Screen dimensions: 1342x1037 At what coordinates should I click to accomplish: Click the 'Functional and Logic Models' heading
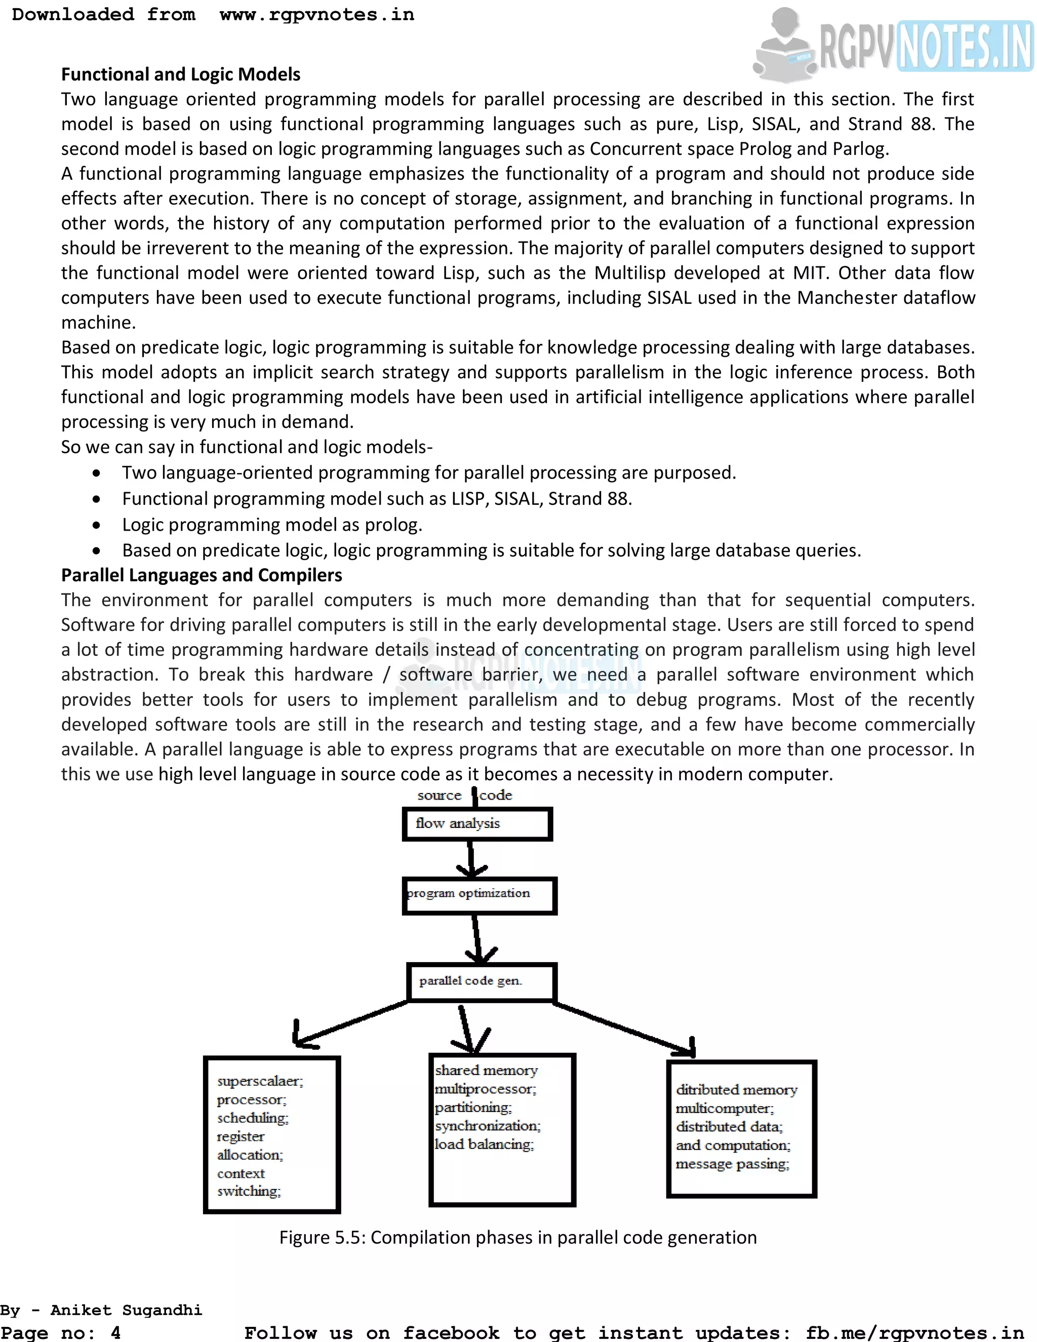[181, 74]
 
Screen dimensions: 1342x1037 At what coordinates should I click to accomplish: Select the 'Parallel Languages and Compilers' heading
[202, 575]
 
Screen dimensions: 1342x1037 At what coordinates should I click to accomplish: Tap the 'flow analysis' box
[477, 824]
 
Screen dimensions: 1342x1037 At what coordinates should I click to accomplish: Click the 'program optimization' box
[479, 895]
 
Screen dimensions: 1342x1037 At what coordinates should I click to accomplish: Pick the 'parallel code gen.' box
[482, 981]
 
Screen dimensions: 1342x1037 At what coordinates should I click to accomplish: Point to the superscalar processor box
[271, 1134]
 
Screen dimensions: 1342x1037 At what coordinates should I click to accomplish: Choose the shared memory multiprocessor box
[502, 1129]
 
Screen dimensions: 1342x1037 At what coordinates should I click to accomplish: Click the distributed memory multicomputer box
[741, 1128]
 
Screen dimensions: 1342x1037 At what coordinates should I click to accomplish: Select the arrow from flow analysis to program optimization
[471, 858]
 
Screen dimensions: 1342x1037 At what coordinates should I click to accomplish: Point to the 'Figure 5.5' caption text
[517, 1237]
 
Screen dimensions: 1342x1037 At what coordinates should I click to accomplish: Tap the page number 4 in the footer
[115, 1333]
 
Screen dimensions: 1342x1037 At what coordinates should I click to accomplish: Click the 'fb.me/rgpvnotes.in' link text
[914, 1333]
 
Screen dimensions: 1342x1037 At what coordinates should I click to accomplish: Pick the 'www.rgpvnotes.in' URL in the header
[316, 14]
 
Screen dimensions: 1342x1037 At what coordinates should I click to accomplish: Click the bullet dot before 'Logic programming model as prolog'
[96, 525]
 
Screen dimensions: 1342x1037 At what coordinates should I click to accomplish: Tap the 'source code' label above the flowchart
[464, 795]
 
